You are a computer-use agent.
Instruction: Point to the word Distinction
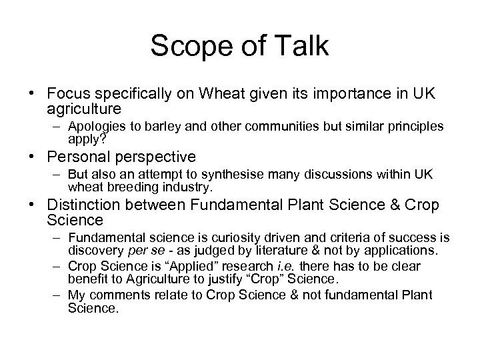tap(85, 206)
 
